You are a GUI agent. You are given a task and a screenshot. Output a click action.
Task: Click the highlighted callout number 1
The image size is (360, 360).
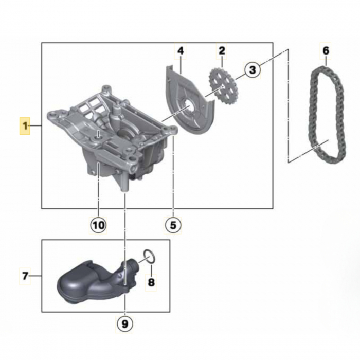click(25, 126)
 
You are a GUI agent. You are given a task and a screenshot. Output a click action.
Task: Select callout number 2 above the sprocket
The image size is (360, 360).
click(222, 51)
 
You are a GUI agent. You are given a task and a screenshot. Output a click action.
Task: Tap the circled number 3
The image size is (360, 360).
click(252, 69)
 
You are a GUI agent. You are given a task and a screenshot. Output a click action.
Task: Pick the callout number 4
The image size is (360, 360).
click(181, 51)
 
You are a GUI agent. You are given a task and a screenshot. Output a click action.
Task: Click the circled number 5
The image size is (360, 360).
click(173, 225)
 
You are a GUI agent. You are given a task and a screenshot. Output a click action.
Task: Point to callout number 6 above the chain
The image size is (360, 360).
click(326, 51)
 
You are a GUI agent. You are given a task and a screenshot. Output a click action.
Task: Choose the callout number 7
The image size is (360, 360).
click(25, 276)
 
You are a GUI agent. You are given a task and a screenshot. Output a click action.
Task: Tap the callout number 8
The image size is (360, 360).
click(151, 282)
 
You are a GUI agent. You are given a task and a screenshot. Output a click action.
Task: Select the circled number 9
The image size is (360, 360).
click(124, 324)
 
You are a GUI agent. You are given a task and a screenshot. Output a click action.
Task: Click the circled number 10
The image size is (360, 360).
click(98, 225)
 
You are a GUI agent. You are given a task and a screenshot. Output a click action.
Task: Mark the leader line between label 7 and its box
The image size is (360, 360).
click(35, 276)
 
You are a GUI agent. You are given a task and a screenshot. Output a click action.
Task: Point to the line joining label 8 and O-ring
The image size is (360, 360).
click(151, 269)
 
